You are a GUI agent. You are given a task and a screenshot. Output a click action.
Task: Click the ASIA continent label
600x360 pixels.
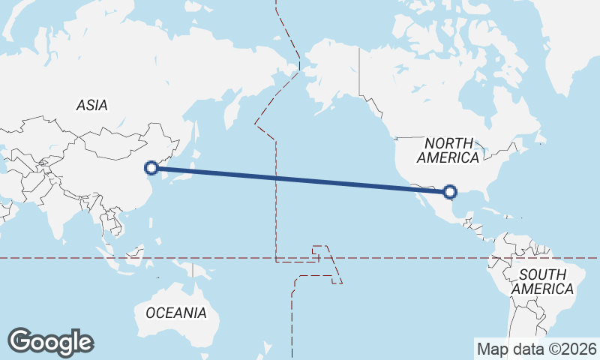[91, 105]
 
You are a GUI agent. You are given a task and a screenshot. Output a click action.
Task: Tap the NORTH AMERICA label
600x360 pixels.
[448, 150]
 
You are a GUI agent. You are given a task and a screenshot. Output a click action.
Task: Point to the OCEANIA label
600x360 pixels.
[175, 312]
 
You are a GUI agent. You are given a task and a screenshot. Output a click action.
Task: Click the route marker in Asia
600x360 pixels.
[151, 168]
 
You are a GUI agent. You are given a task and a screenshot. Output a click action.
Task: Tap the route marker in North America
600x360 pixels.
[449, 192]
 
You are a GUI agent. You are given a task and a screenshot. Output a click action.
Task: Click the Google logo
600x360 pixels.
[50, 341]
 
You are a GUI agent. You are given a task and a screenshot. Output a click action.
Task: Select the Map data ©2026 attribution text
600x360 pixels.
[536, 349]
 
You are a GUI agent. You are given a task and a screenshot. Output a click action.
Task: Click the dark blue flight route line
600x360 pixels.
[300, 180]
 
